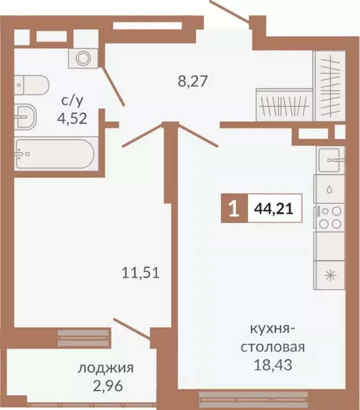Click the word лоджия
(x=106, y=368)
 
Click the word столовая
(x=273, y=348)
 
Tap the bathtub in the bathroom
(x=54, y=153)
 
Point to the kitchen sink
(x=330, y=159)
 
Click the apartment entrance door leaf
(x=230, y=11)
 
